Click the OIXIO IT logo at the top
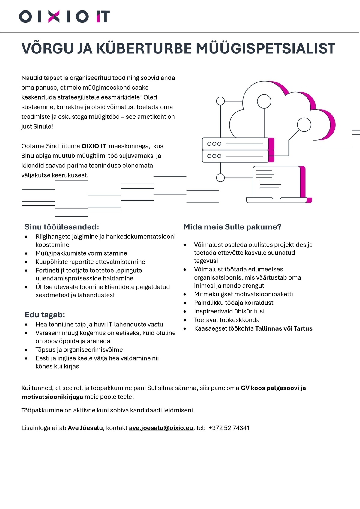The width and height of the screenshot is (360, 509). pos(64,16)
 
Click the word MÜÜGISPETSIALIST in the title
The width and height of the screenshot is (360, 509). pos(265,49)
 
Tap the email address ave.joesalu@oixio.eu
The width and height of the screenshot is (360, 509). pos(161,428)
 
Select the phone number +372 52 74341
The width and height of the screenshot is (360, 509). pos(229,428)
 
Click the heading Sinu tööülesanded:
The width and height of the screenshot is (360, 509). pos(62,227)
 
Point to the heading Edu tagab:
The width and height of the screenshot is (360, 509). pos(45,315)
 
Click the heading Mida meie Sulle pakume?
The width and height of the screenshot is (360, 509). pos(232,227)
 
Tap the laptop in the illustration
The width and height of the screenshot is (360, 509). pos(277,184)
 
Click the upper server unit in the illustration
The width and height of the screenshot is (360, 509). pos(235,144)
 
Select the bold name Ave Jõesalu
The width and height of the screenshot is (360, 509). pos(85,428)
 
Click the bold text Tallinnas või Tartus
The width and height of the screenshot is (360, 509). pos(284,328)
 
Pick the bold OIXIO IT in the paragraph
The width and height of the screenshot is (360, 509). pos(94,146)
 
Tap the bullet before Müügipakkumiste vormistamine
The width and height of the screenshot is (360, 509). pos(27,253)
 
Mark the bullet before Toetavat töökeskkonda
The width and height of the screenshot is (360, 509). pos(185,320)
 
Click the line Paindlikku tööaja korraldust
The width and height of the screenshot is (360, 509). pos(234,303)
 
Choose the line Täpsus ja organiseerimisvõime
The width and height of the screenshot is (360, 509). pos(79,349)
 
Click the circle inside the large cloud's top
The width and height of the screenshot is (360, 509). pos(264,101)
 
